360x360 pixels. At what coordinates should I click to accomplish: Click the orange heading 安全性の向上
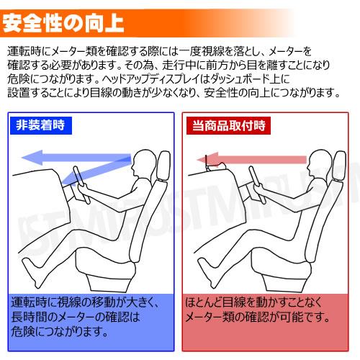[x=63, y=23]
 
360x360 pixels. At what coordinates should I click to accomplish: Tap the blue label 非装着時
[x=41, y=125]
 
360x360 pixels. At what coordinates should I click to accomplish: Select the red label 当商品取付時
[x=228, y=125]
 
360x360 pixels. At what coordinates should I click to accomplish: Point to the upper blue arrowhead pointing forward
[x=32, y=158]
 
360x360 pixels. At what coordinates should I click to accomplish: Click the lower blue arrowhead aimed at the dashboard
[x=68, y=179]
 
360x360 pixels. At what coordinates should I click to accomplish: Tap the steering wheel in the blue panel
[x=81, y=184]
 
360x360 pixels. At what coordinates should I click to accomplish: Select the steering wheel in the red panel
[x=257, y=184]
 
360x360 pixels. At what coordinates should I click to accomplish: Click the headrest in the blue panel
[x=164, y=166]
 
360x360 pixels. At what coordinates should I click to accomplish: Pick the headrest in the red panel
[x=339, y=166]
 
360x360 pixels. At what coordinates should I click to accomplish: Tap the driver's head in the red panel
[x=320, y=163]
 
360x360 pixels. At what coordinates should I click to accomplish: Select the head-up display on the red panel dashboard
[x=215, y=164]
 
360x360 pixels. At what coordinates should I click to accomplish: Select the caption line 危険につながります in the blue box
[x=60, y=332]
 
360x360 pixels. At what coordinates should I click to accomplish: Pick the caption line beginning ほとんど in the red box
[x=253, y=302]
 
